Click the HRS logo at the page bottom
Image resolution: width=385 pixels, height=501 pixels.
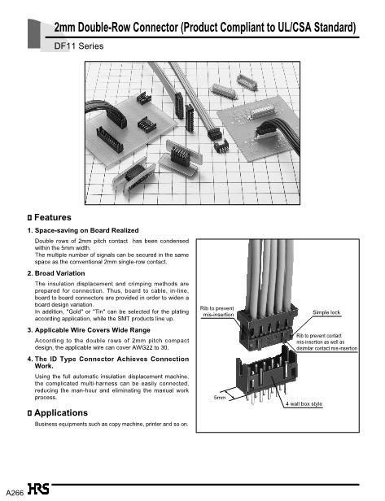coord(38,489)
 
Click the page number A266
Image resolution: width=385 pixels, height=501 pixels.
coord(15,493)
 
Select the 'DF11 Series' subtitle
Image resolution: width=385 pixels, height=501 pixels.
coord(79,46)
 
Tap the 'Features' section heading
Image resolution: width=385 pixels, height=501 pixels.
coord(52,218)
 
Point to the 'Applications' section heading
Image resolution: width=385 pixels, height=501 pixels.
coord(61,413)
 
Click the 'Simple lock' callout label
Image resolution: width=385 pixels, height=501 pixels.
coord(326,312)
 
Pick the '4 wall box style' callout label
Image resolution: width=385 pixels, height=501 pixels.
coord(304,404)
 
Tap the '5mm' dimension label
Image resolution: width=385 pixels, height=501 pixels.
coord(220,398)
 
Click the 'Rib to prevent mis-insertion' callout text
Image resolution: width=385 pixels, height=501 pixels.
coord(217,311)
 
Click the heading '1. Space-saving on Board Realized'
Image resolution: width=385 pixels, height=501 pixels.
coord(83,230)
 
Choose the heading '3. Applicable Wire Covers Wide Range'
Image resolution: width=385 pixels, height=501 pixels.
coord(89,330)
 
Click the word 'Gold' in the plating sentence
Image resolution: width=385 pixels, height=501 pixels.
coord(75,311)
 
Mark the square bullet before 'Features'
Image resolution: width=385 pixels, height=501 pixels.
coord(30,218)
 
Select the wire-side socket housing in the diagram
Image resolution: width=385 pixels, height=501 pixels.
coord(268,329)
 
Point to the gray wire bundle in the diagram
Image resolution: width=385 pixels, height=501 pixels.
coord(271,275)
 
